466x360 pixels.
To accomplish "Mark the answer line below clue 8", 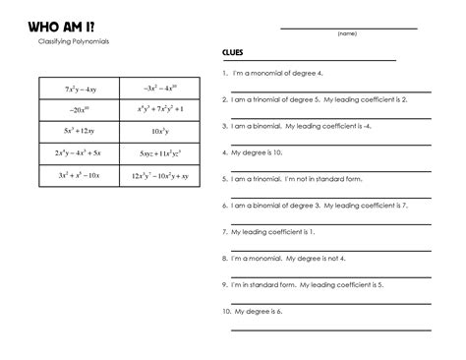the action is pyautogui.click(x=330, y=275).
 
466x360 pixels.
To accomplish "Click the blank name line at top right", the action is pyautogui.click(x=348, y=28).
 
